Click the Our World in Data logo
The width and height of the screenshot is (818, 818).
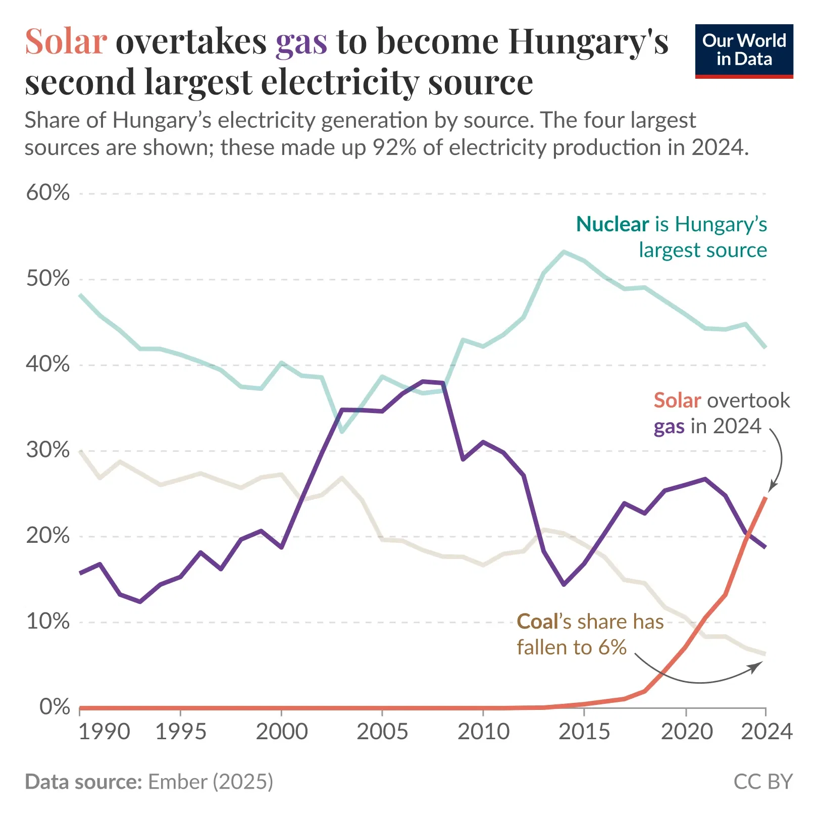click(x=743, y=50)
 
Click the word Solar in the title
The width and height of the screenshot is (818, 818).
click(x=66, y=41)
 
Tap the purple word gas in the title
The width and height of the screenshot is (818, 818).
click(x=301, y=41)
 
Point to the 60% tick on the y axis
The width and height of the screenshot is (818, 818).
click(x=48, y=192)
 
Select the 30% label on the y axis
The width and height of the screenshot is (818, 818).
click(x=48, y=450)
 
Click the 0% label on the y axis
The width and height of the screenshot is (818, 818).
click(x=55, y=707)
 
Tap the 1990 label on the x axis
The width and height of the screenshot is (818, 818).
click(x=104, y=732)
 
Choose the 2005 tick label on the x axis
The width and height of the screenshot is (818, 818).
click(x=382, y=732)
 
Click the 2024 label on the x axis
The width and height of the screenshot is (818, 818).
click(x=766, y=732)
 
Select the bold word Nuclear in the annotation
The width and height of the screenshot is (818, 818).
click(x=612, y=224)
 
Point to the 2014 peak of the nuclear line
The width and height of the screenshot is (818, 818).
click(x=564, y=251)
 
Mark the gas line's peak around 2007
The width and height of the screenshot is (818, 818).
click(x=423, y=381)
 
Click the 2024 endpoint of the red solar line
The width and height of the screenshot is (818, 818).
click(x=765, y=498)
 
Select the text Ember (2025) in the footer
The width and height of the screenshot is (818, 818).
click(x=210, y=782)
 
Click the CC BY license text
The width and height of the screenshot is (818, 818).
click(x=762, y=782)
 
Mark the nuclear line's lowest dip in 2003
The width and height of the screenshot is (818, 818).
click(x=342, y=432)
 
